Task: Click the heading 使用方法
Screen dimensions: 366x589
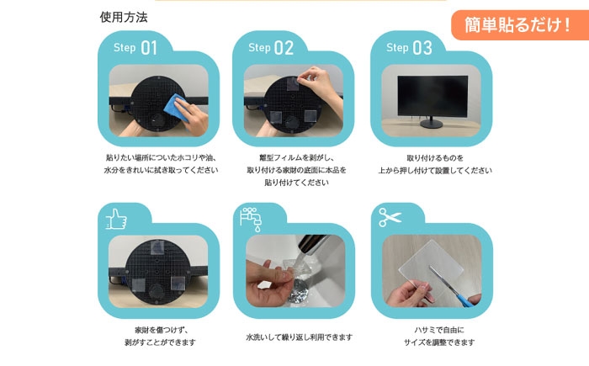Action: tap(125, 17)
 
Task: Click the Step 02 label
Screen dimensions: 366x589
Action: tap(271, 48)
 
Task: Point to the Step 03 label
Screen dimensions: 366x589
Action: tap(409, 48)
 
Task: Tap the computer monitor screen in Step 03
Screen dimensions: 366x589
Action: tap(432, 95)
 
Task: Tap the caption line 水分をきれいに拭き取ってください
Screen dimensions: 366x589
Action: tap(160, 169)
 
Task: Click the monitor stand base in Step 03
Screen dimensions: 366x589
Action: tap(432, 125)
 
